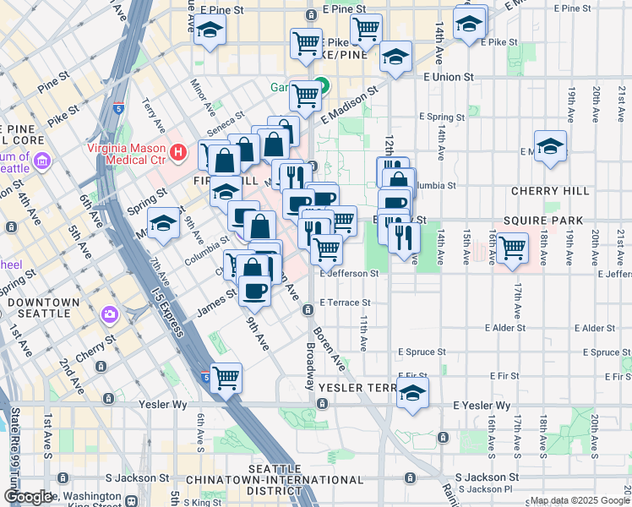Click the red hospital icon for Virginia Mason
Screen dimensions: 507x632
pos(177,153)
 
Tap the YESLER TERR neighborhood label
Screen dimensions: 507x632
pos(352,388)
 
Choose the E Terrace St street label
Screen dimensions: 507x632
pos(344,302)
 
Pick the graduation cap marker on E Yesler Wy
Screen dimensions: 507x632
pos(412,393)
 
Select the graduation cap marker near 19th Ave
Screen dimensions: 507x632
pos(550,145)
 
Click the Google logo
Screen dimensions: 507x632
pos(28,497)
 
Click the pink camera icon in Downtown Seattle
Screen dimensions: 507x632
pos(110,315)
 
